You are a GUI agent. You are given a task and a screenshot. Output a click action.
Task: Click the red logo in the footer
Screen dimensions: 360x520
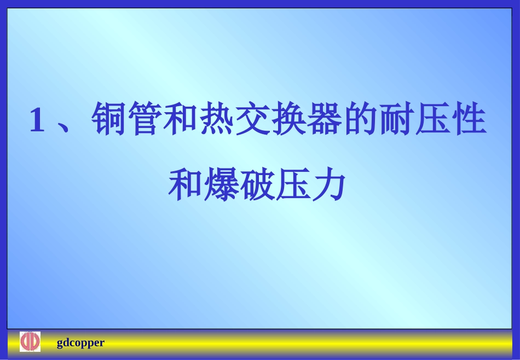(x=30, y=342)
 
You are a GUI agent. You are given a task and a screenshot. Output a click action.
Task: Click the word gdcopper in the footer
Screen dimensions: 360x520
(x=80, y=343)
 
